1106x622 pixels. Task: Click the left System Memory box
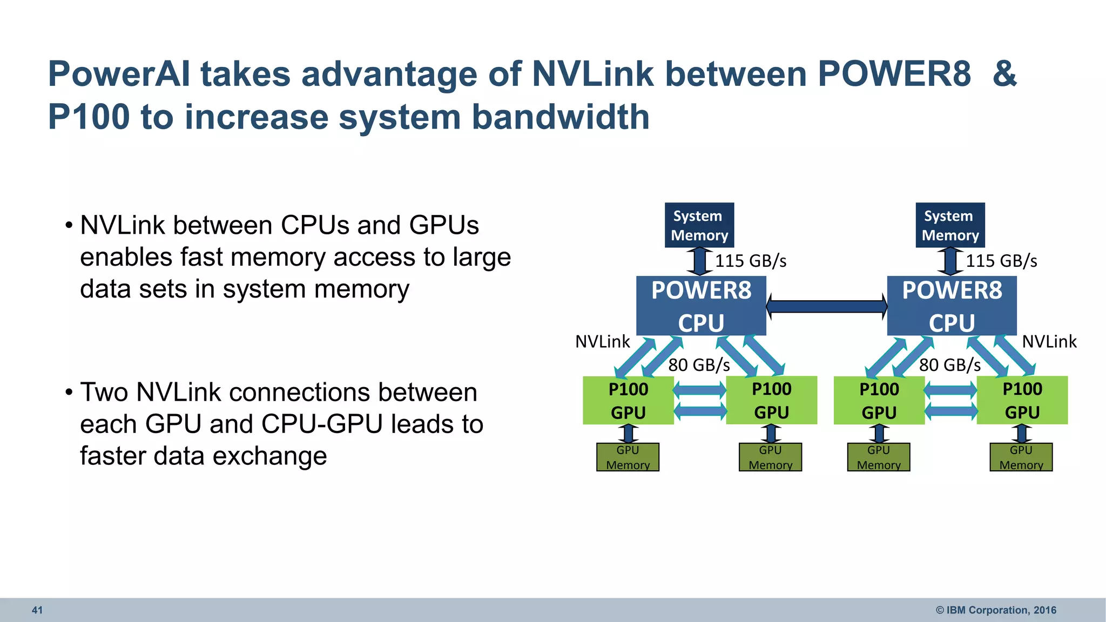coord(699,225)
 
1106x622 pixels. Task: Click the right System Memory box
coord(950,225)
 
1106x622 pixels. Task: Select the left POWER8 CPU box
coord(701,306)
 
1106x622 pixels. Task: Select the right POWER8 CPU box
coord(952,306)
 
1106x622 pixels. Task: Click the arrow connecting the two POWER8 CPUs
coord(826,307)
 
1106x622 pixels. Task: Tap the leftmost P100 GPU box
coord(628,400)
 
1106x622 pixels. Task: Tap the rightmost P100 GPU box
coord(1022,400)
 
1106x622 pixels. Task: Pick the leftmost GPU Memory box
coord(628,457)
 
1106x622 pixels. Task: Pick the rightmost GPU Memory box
coord(1021,457)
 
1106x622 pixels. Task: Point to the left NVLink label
coord(602,342)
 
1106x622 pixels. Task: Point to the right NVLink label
coord(1049,342)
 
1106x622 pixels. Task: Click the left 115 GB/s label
coord(751,261)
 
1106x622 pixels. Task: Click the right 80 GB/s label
coord(950,366)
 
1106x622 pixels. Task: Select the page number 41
coord(37,610)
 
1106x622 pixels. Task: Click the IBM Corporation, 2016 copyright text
coord(996,610)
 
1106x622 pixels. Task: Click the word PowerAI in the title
coord(119,74)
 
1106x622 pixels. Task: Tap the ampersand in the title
coord(1004,74)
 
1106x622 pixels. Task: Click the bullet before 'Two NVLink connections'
coord(69,393)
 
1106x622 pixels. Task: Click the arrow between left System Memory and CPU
coord(699,261)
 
